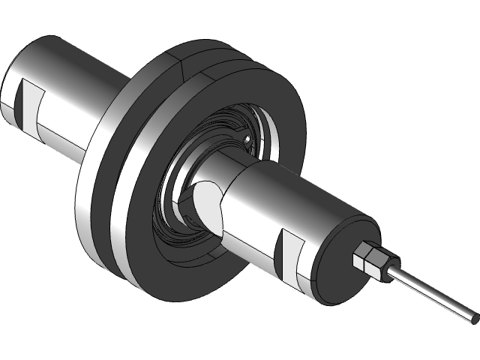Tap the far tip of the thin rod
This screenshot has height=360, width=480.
[x=472, y=319]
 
